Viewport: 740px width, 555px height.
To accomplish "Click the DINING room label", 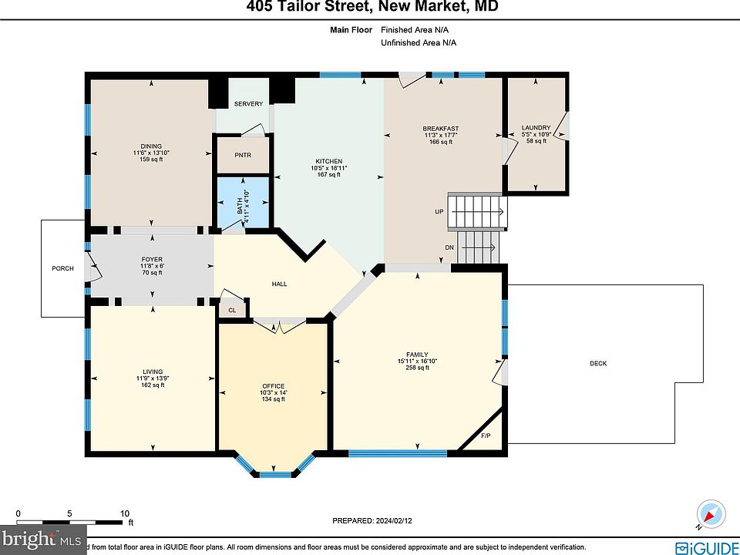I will (x=150, y=146).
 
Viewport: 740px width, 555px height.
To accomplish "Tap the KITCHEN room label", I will (x=328, y=160).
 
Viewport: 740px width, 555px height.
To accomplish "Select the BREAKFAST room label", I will (x=440, y=128).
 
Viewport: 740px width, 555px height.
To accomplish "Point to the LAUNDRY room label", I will (x=536, y=128).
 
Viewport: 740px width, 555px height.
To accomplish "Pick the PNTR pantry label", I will (x=243, y=155).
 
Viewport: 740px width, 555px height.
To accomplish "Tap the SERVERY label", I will (x=248, y=104).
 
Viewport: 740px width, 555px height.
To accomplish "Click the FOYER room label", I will (x=151, y=259).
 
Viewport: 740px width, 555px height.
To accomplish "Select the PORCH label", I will (x=62, y=268).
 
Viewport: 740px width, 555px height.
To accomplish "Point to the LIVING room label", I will (x=151, y=371).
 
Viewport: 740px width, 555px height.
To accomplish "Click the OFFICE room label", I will (x=273, y=386).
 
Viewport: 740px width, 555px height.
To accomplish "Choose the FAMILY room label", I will (x=416, y=355).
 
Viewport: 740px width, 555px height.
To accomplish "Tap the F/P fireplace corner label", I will (x=486, y=437).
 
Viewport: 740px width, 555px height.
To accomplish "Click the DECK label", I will (x=598, y=363).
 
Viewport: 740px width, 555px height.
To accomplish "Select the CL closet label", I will (x=232, y=310).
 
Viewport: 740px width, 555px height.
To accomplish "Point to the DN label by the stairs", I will (x=449, y=247).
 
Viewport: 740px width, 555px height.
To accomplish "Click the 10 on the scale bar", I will (x=124, y=513).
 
